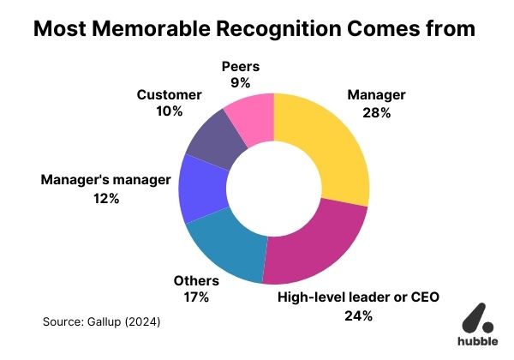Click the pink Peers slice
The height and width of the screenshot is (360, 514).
251,119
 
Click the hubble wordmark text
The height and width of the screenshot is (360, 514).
472,339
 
